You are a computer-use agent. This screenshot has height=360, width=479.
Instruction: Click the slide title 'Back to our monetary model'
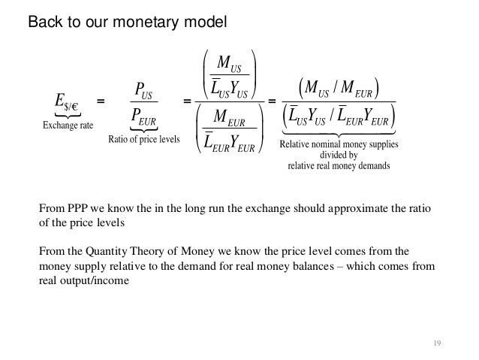point(127,22)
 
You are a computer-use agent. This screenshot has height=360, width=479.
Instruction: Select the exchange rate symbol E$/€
point(67,101)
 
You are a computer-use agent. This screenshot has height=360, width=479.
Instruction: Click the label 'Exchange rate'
point(68,126)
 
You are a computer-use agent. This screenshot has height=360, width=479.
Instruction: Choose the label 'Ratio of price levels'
point(140,139)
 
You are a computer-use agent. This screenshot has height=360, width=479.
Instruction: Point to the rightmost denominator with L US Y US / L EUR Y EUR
point(338,118)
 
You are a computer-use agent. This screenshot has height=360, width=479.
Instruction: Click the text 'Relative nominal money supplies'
point(338,144)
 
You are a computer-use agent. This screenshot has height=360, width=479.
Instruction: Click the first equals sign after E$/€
point(101,101)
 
